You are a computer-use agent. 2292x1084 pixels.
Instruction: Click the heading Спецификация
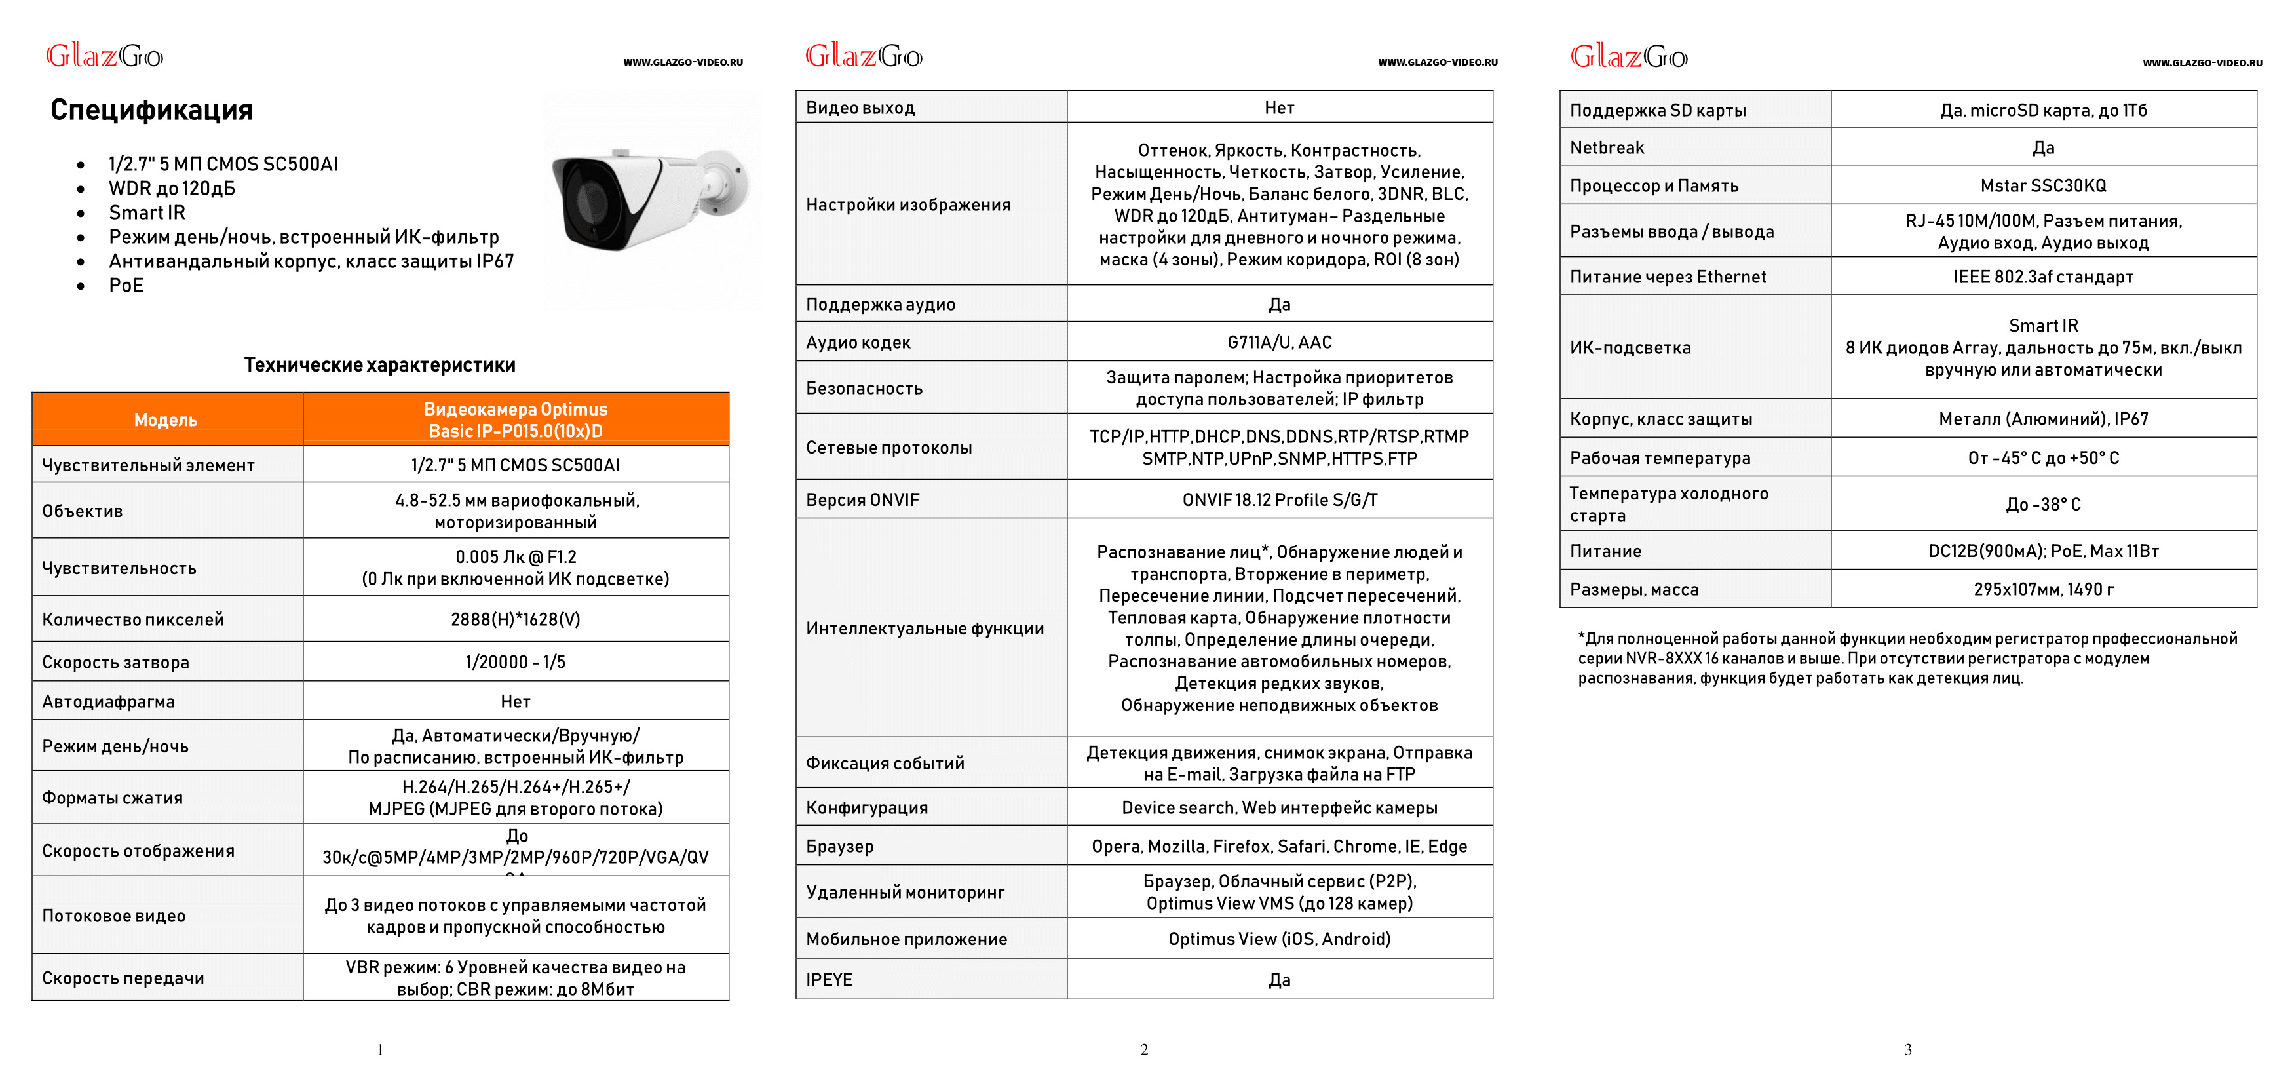click(x=151, y=109)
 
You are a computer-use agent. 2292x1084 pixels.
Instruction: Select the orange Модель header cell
click(x=166, y=420)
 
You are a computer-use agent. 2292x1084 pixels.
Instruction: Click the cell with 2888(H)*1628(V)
click(x=515, y=619)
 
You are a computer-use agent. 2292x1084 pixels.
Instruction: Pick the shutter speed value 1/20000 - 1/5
click(x=515, y=662)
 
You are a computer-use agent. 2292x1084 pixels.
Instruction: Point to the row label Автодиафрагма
click(x=109, y=701)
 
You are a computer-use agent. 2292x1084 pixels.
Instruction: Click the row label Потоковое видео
click(x=114, y=916)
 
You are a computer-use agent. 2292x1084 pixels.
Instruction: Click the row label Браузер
click(x=840, y=846)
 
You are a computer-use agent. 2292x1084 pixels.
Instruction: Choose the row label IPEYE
click(x=830, y=980)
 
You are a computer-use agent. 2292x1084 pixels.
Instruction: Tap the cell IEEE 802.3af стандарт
click(x=2043, y=277)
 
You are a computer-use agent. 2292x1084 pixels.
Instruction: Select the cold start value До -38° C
click(x=2043, y=505)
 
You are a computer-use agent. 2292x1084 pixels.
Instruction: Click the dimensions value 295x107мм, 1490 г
click(x=2043, y=589)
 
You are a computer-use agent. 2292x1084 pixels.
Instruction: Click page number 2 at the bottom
click(x=1144, y=1050)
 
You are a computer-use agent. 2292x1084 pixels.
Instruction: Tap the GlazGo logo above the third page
click(x=1628, y=57)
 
